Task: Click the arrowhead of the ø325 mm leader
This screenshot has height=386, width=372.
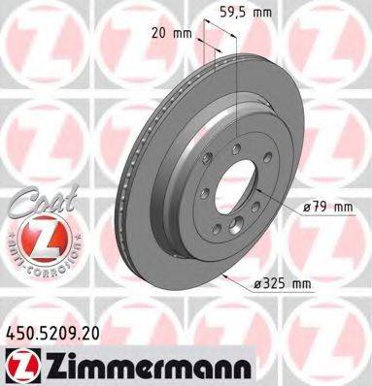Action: [225, 275]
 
